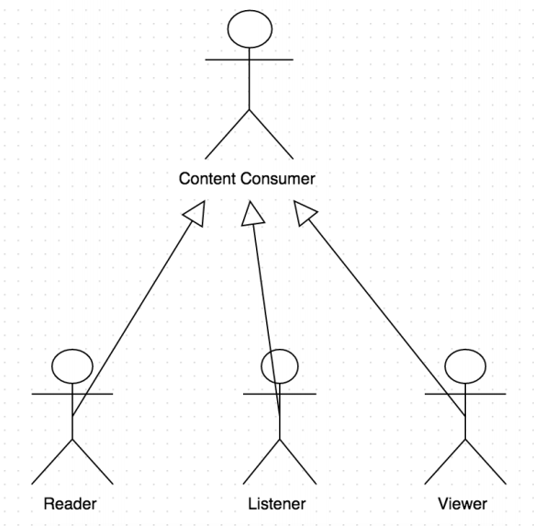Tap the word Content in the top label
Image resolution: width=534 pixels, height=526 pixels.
tap(207, 178)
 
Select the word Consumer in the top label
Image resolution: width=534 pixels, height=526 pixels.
tap(278, 178)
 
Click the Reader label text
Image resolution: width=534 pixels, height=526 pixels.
tap(70, 504)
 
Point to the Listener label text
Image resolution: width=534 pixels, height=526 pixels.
tap(277, 504)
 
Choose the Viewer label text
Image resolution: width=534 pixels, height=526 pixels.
tap(462, 504)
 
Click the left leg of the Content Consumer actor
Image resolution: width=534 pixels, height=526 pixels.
tap(228, 134)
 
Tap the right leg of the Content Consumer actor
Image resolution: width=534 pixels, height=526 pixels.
tap(271, 134)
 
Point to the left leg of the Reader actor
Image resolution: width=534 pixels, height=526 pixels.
tap(51, 462)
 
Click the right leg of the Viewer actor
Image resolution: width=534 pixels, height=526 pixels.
tap(485, 462)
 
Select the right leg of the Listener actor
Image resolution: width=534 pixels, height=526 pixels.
tap(298, 462)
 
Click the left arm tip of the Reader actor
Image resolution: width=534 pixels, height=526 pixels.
tap(32, 394)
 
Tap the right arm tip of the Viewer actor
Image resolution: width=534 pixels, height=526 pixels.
tap(506, 394)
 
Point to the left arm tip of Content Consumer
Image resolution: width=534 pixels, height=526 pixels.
tap(206, 60)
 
